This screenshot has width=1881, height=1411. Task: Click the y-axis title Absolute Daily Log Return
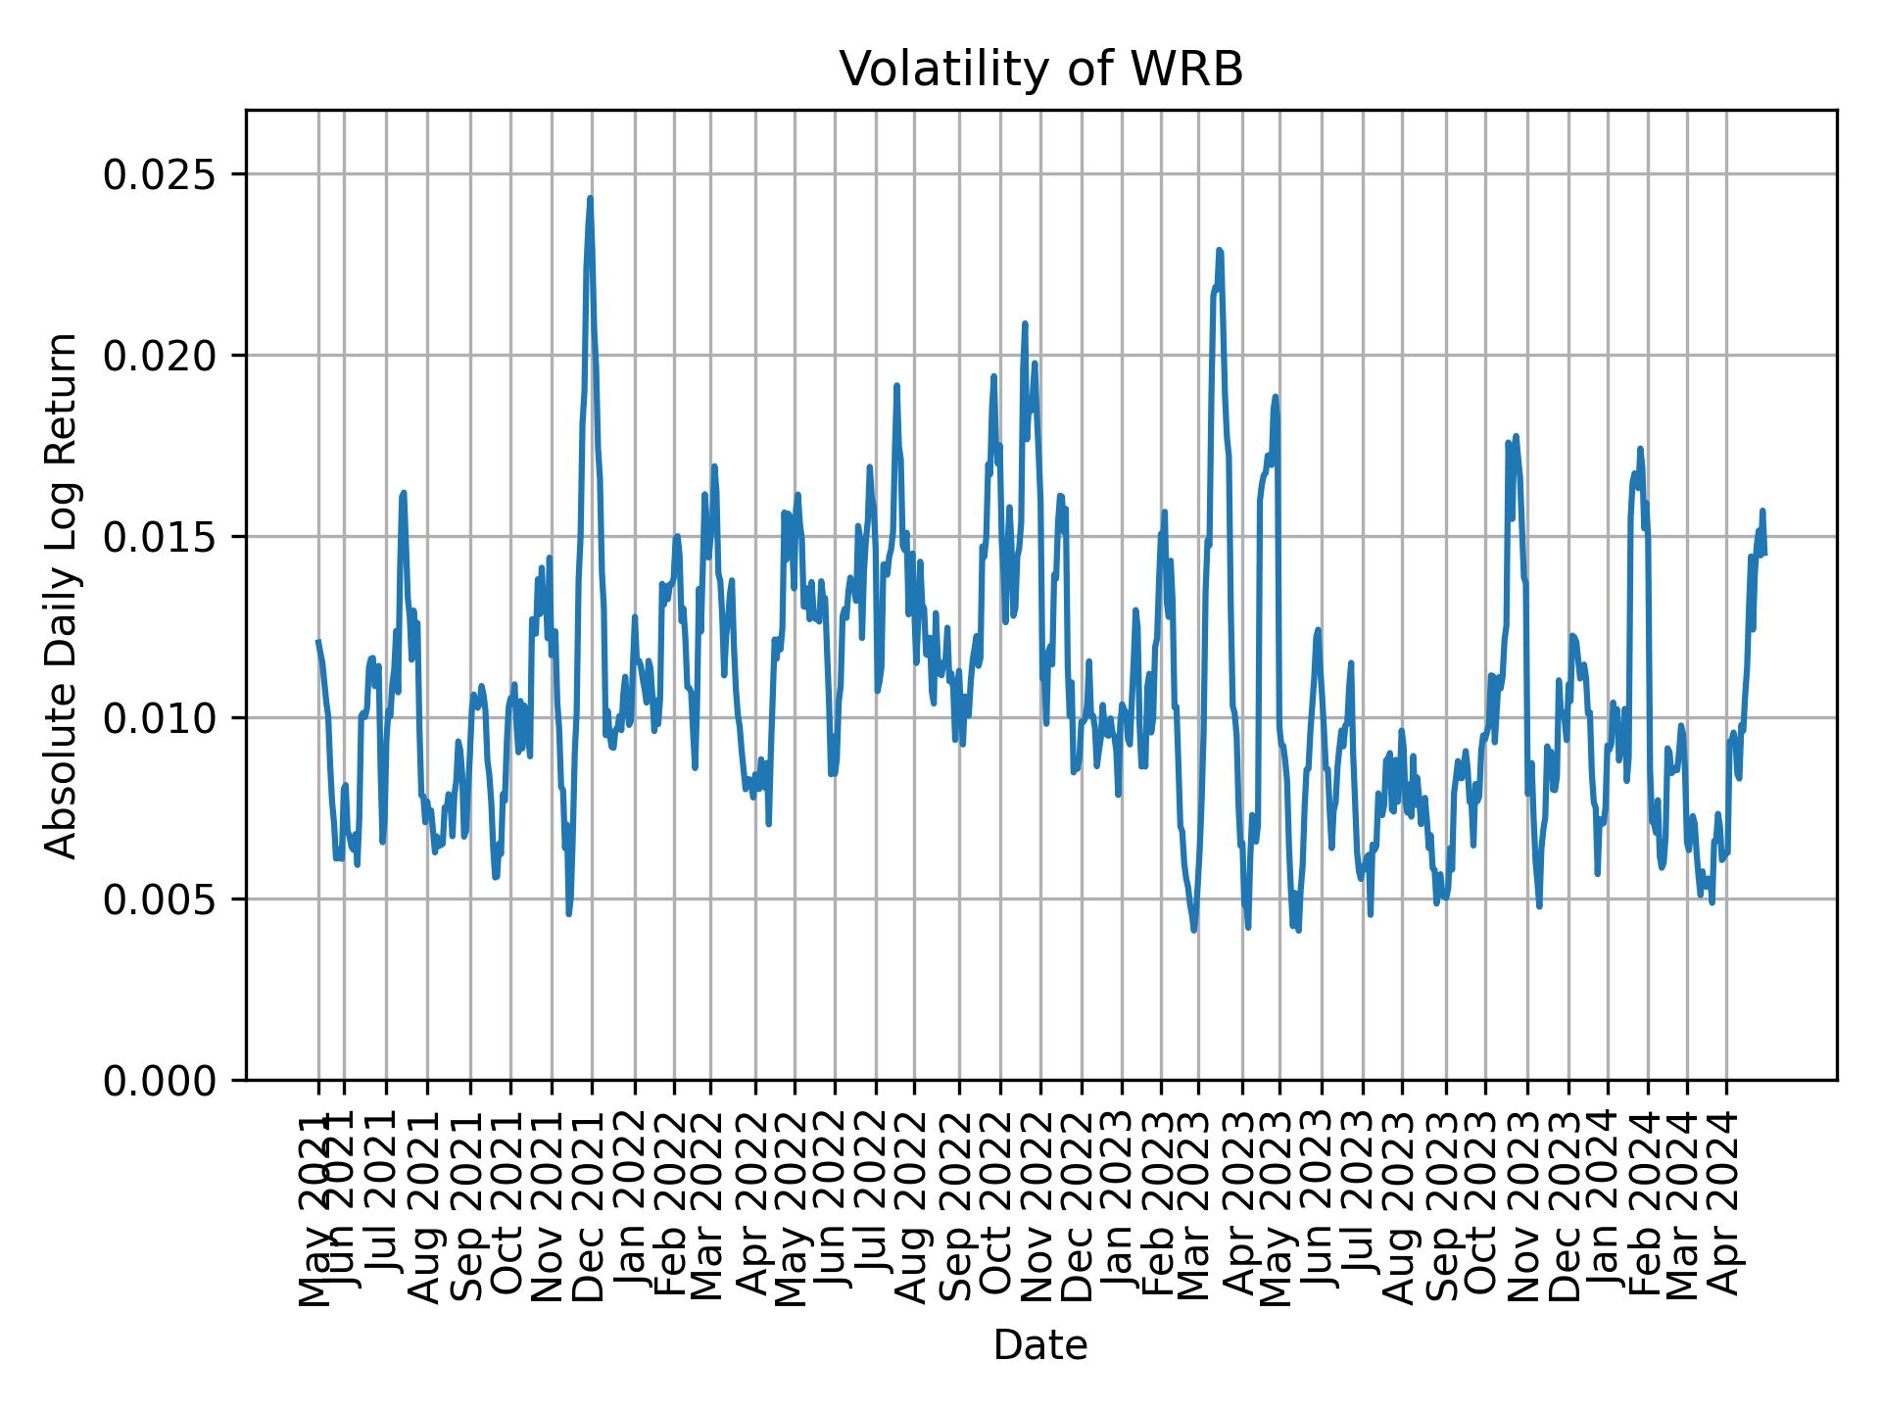click(x=63, y=595)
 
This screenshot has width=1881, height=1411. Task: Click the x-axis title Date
click(x=1040, y=1345)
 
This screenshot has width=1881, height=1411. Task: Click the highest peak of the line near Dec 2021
click(x=590, y=198)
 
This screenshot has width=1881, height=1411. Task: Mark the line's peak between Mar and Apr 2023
click(x=1219, y=250)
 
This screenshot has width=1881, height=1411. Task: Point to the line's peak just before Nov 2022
click(x=1025, y=323)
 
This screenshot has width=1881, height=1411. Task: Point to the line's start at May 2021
click(x=317, y=641)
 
